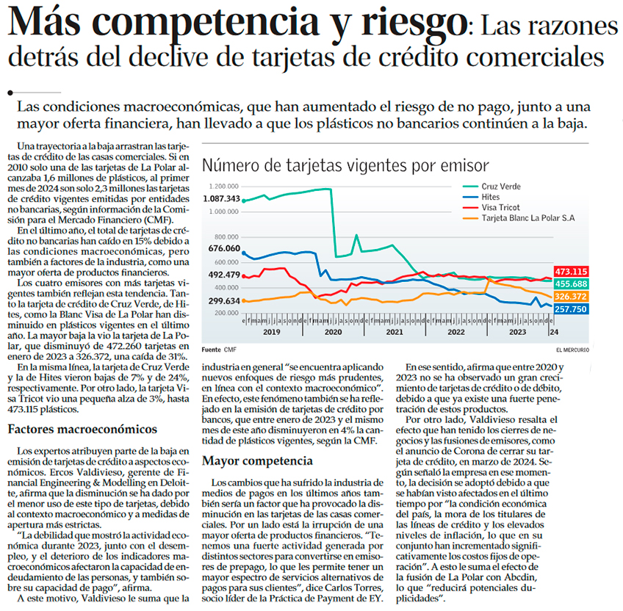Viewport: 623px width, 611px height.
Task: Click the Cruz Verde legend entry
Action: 492,187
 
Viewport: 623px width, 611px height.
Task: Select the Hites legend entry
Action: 481,197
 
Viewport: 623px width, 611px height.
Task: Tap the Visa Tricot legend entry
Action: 491,207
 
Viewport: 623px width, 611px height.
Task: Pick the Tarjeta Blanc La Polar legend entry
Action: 519,218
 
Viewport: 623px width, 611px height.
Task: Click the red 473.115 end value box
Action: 571,272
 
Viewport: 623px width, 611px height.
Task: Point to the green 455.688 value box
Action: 571,283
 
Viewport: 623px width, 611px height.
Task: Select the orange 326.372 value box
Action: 571,297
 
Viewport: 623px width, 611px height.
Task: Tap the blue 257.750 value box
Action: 571,309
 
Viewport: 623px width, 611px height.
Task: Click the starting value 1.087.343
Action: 222,198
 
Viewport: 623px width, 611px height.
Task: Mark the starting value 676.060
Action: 224,248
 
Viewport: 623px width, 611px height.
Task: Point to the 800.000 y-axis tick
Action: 226,236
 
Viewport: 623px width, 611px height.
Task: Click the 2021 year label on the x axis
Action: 395,332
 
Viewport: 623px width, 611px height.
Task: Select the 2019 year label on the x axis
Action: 271,332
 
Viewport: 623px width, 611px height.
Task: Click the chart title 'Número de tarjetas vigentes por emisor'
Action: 345,166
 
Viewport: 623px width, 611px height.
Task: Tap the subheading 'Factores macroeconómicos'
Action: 82,429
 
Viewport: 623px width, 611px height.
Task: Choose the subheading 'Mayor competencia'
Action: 257,461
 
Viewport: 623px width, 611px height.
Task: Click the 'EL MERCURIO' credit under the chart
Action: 572,350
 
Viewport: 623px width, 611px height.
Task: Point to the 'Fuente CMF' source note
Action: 219,350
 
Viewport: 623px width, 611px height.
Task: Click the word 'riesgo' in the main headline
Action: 414,23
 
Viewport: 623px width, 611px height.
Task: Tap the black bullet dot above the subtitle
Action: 10,93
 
